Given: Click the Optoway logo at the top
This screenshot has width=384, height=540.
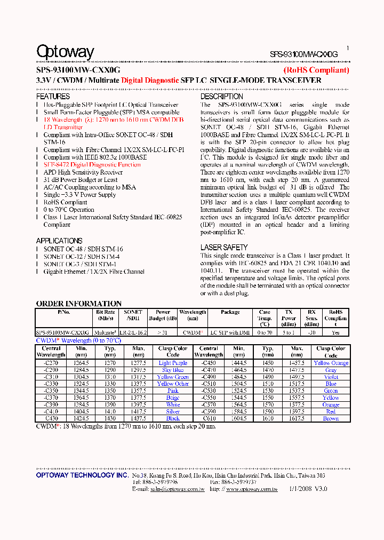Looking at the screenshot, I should (65, 52).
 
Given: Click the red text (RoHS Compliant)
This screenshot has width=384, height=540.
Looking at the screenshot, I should (316, 70).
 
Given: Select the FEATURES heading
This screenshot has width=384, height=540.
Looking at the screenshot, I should (53, 97).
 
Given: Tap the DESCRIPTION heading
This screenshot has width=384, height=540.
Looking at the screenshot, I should (222, 97).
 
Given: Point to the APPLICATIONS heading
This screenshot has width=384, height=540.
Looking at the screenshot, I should (59, 241).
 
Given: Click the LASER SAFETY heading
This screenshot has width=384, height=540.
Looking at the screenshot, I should (224, 248).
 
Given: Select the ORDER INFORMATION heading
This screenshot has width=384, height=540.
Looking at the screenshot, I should (79, 304).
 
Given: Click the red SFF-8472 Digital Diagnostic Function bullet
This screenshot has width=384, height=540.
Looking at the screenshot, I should (92, 165).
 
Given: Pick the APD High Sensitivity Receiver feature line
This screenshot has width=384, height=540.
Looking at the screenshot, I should (83, 172).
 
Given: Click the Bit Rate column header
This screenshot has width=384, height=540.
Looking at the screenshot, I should (105, 315).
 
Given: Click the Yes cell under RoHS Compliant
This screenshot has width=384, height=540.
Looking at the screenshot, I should (335, 332).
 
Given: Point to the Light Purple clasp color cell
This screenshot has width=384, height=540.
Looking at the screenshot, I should (173, 363).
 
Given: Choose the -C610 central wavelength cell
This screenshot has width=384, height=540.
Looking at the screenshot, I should (209, 418).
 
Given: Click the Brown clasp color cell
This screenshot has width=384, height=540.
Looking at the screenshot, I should (331, 418).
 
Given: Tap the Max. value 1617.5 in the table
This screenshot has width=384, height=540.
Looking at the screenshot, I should (297, 418).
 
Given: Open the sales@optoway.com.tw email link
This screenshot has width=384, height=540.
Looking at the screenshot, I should (177, 489).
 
